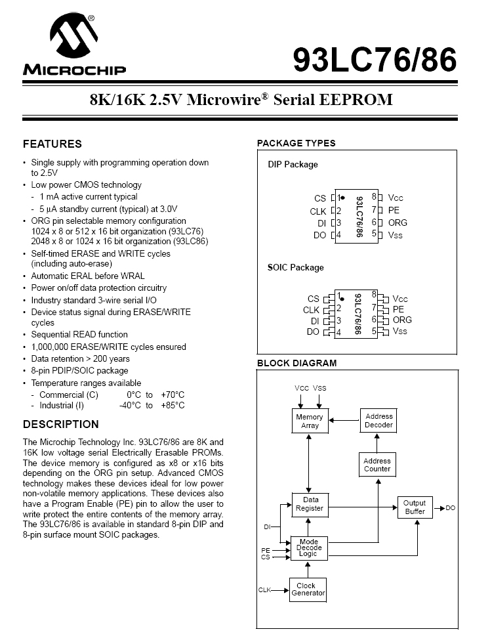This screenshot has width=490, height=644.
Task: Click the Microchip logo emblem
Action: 73,37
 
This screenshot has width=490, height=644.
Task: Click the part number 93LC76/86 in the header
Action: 375,60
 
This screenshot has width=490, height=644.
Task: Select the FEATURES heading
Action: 52,144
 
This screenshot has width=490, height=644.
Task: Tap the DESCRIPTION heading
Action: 61,424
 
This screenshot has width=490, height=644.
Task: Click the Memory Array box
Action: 310,421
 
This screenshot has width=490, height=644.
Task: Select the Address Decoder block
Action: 378,420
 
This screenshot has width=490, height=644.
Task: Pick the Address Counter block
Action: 377,465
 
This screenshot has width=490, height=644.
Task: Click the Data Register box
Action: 310,504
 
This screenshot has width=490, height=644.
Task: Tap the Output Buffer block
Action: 415,507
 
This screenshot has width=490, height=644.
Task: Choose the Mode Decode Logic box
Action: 309,548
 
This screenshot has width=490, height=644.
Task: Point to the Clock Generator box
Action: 308,590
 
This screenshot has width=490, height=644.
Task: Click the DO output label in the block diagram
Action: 451,508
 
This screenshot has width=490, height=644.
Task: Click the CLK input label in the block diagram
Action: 264,590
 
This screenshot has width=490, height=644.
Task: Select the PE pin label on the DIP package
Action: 394,210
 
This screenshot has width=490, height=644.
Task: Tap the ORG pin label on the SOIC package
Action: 402,320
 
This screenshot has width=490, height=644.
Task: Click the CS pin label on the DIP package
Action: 319,198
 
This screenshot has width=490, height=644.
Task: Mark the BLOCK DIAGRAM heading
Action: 296,363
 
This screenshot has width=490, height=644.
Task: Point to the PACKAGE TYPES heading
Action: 296,143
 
